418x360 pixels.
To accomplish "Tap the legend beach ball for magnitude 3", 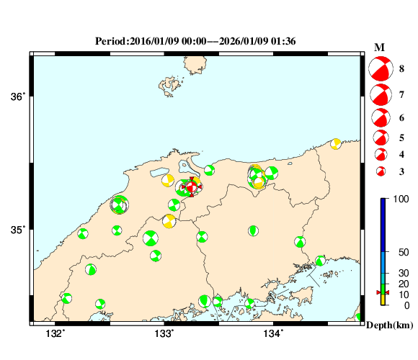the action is click(x=381, y=171).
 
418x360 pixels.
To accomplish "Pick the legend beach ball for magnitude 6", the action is click(x=380, y=117).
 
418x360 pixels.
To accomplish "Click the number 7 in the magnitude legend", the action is click(x=401, y=94).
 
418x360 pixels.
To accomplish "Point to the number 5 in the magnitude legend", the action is click(x=401, y=137).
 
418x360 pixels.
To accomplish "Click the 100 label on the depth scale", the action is click(x=404, y=198).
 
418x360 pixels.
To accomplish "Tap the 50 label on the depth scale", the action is click(x=404, y=252).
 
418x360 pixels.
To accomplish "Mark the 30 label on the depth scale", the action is click(x=404, y=274).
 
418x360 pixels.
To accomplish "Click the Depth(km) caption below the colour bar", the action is click(x=390, y=325).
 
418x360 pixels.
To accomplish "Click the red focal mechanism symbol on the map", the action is click(x=192, y=187).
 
